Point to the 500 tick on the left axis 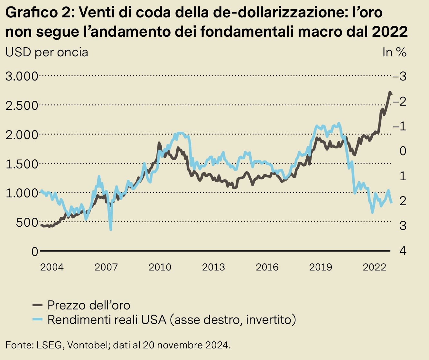coord(27,222)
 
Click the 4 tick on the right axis coord(403,251)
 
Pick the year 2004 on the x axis coord(52,267)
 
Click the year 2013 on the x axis coord(213,267)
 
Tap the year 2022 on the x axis coord(374,267)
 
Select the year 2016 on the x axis coord(267,267)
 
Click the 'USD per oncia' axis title coord(47,52)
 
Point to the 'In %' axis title coord(394,52)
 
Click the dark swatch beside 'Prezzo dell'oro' coord(38,305)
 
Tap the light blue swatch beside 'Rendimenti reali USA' coord(38,319)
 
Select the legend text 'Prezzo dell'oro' coord(89,305)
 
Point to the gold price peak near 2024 coord(390,92)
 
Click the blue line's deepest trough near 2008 coord(111,229)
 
